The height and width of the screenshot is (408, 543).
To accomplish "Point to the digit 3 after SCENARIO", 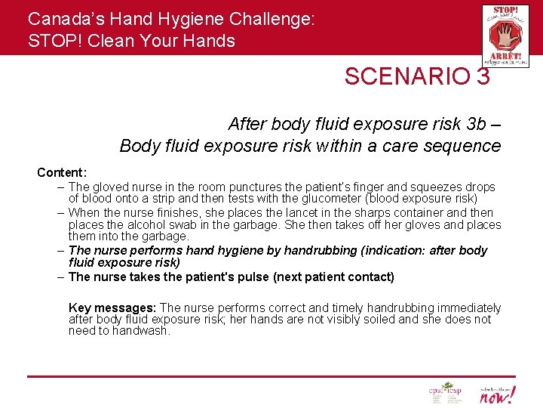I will tap(483, 76).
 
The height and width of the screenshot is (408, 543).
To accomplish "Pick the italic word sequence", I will tap(465, 146).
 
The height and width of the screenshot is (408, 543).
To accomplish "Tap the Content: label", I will tap(62, 173).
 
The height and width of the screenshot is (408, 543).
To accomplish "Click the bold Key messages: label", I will tap(112, 308).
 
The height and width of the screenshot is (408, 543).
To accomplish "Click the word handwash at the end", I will tap(143, 331).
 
